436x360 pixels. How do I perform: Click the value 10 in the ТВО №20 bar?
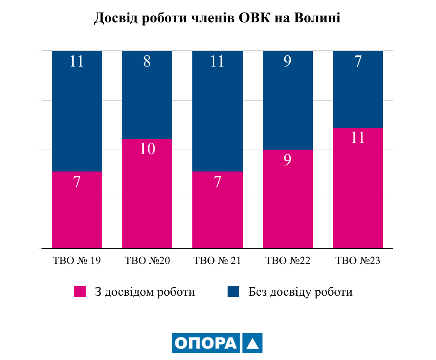[147, 149]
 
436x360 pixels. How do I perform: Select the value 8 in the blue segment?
[147, 62]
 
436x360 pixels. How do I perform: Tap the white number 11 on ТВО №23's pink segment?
[358, 138]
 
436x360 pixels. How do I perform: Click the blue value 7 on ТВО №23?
[358, 62]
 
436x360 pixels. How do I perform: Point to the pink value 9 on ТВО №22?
[288, 159]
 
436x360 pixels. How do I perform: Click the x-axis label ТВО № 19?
[77, 261]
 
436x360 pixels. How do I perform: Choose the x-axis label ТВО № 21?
[217, 261]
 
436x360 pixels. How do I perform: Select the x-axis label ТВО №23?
[358, 261]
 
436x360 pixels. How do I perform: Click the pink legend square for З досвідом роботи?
[80, 292]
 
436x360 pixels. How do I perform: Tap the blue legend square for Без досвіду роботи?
[233, 292]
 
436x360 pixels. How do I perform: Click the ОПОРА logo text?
[206, 343]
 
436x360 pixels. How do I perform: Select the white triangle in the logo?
[252, 343]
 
